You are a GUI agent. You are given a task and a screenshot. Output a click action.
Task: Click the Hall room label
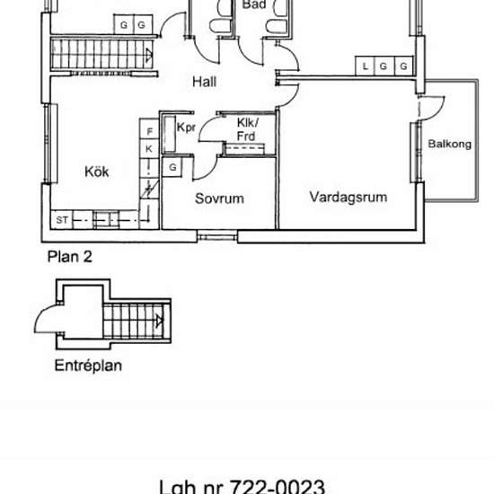coord(205,83)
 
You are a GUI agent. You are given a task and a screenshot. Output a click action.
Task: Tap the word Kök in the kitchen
coord(97,172)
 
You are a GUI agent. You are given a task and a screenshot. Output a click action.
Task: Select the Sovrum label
coord(220,198)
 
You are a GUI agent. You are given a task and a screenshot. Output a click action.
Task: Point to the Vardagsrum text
coord(348,196)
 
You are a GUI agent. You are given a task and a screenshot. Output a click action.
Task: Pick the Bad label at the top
coord(254,4)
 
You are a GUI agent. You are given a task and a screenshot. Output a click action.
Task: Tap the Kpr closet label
coord(186,128)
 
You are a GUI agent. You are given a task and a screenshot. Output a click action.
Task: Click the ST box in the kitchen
coord(63,218)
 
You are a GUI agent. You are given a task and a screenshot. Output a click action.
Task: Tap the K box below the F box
coord(149,148)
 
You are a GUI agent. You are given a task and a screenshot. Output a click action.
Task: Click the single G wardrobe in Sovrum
coord(172,167)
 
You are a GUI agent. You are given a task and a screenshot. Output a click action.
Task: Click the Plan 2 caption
coord(69,256)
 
